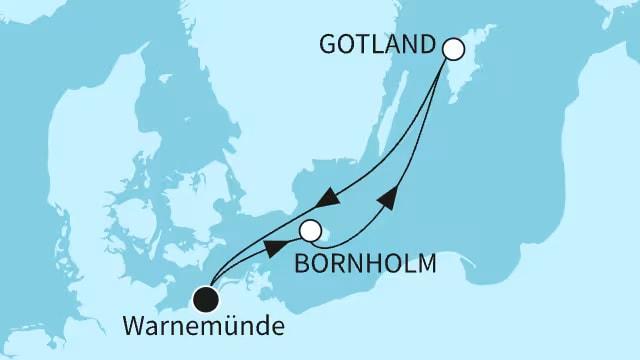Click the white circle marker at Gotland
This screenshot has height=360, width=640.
pyautogui.click(x=452, y=48)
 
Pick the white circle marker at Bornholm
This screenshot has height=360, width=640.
pyautogui.click(x=311, y=232)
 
